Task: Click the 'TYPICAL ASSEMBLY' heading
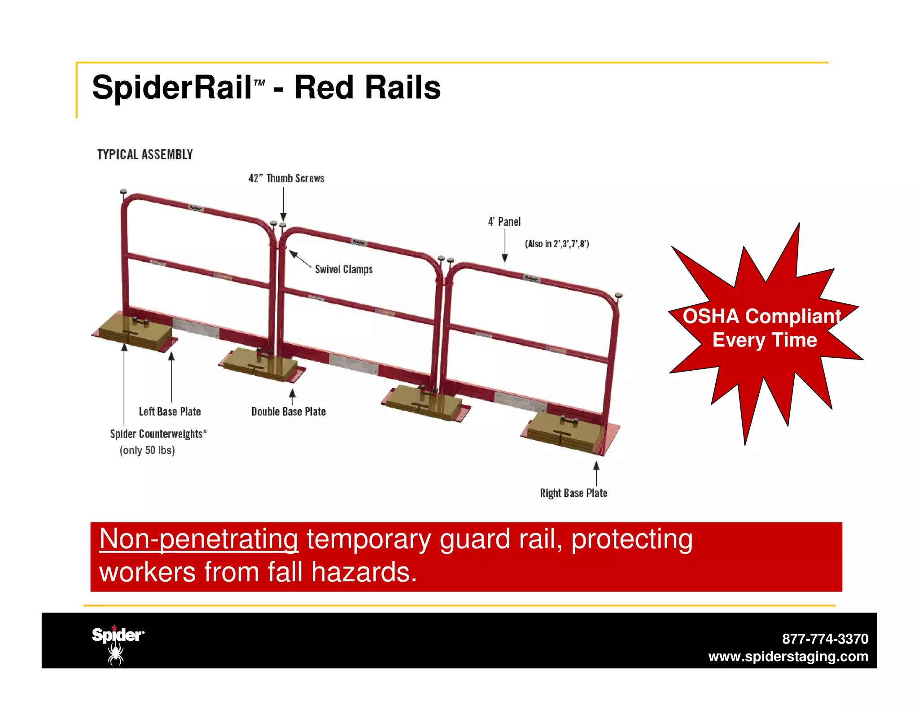click(x=145, y=154)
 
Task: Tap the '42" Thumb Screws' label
click(x=286, y=178)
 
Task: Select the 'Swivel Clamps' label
click(x=344, y=269)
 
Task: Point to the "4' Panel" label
click(x=504, y=222)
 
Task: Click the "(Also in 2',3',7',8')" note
click(x=557, y=244)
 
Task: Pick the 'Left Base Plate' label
click(x=170, y=411)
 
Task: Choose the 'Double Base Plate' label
click(x=289, y=411)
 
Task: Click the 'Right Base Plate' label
click(x=573, y=493)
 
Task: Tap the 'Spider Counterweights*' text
click(x=158, y=434)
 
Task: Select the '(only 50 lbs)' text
click(x=147, y=450)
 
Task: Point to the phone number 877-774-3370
click(x=825, y=639)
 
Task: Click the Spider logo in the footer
click(x=118, y=644)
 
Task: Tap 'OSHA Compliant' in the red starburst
click(x=761, y=316)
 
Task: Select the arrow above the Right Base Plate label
click(x=596, y=473)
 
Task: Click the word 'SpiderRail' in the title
click(x=172, y=88)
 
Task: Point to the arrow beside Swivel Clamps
click(x=300, y=259)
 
